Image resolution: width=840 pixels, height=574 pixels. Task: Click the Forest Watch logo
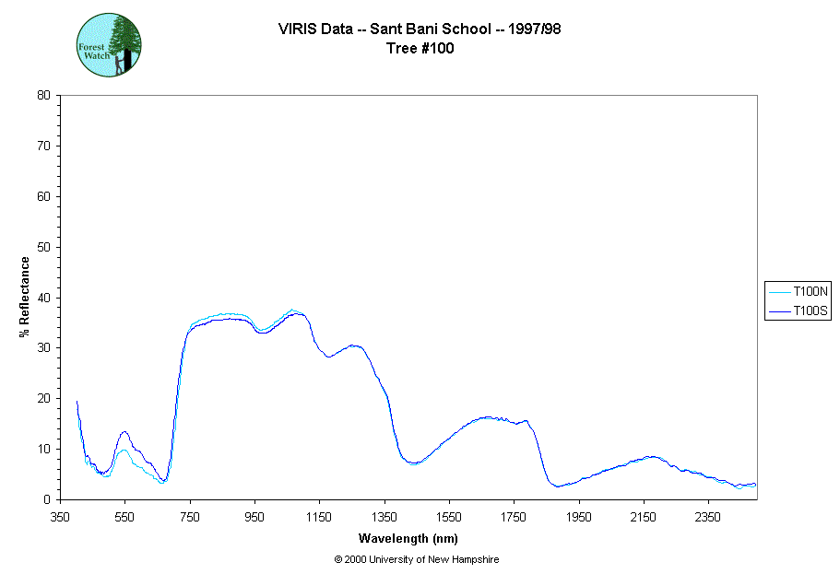[109, 44]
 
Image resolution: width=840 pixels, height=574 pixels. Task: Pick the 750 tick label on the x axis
[190, 517]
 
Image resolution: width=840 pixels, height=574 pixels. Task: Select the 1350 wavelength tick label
[385, 517]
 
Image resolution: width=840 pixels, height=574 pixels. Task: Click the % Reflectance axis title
[25, 297]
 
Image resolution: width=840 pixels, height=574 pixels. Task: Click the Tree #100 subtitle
[420, 49]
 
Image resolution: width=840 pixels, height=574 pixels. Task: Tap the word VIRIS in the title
[296, 29]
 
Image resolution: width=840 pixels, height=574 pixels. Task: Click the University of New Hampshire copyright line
[417, 559]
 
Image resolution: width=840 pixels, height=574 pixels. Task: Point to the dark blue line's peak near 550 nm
[124, 431]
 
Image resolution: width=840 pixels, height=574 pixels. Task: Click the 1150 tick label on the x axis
[319, 517]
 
